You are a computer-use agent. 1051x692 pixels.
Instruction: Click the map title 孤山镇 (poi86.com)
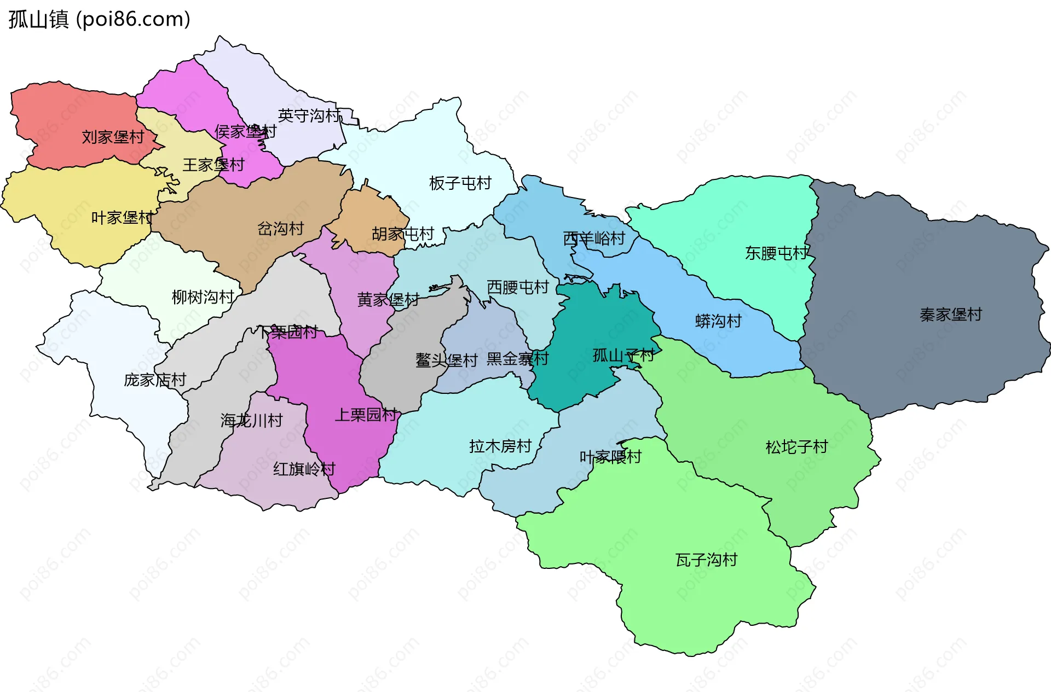(99, 19)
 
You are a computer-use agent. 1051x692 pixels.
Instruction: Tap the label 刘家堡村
(113, 137)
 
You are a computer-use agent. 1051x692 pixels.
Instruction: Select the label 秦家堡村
(951, 315)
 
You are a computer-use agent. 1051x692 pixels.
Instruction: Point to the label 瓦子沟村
(706, 560)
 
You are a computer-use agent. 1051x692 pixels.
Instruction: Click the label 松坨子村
(796, 447)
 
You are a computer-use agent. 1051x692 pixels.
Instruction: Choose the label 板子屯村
(460, 183)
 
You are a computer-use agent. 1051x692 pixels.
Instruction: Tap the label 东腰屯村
(776, 253)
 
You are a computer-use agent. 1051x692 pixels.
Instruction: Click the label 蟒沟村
(718, 321)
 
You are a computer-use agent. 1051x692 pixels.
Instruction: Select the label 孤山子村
(623, 356)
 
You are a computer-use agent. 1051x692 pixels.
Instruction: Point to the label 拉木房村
(500, 446)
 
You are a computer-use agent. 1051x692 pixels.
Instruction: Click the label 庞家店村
(155, 380)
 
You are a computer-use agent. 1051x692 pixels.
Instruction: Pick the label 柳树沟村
(203, 297)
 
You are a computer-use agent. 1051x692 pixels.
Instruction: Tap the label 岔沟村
(280, 229)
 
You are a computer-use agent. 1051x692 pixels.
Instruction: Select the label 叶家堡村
(122, 218)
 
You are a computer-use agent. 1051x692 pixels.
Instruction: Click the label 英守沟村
(309, 115)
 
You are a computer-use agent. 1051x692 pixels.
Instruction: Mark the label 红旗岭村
(304, 469)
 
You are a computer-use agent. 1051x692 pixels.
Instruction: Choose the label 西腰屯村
(518, 287)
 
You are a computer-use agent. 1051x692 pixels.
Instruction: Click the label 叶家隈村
(610, 457)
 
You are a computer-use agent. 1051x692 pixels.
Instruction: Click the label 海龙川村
(251, 421)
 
